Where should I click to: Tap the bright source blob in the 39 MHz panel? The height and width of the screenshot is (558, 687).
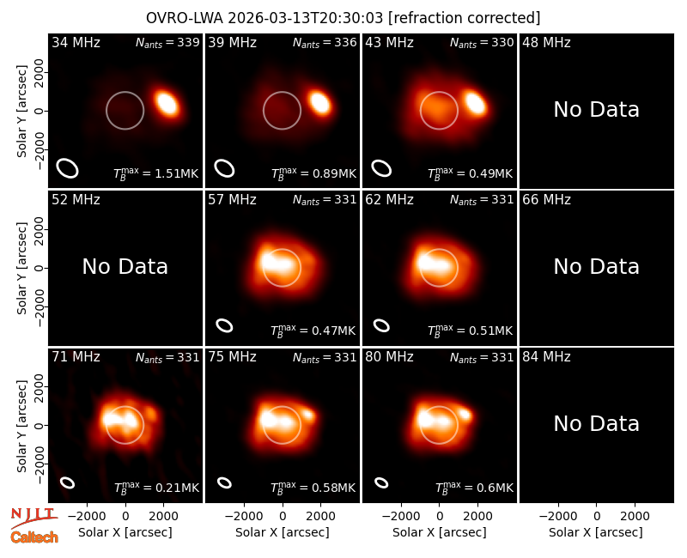[x=319, y=102]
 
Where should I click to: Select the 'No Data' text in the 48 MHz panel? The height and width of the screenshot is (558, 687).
[x=596, y=110]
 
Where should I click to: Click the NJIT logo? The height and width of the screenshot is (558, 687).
[x=33, y=518]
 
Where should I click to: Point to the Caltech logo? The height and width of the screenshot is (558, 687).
[x=34, y=537]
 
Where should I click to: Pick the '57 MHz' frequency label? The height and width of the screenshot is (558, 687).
[x=232, y=200]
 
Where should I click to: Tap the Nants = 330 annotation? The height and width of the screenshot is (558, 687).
[x=482, y=42]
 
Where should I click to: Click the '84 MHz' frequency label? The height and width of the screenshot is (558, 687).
[x=546, y=356]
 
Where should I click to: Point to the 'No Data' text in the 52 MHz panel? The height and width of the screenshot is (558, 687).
[x=125, y=267]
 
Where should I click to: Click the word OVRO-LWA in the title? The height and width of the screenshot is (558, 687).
[x=185, y=18]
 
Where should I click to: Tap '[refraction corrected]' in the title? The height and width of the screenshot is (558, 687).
[x=464, y=18]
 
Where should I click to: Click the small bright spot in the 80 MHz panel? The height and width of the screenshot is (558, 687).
[x=465, y=413]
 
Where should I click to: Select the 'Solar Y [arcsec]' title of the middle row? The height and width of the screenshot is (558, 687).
[x=21, y=268]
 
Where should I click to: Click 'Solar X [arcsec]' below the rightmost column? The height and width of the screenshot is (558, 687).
[x=596, y=532]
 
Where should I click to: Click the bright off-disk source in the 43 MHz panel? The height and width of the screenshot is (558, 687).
[x=476, y=103]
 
